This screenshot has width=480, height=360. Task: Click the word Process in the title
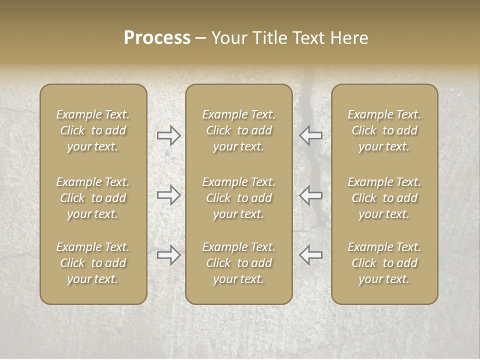pyautogui.click(x=157, y=38)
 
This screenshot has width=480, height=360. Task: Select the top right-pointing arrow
pyautogui.click(x=168, y=135)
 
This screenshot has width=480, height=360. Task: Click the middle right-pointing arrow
pyautogui.click(x=168, y=195)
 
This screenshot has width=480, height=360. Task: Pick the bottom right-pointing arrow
pyautogui.click(x=168, y=255)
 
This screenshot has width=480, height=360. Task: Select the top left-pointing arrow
pyautogui.click(x=310, y=135)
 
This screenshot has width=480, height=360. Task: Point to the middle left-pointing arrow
pyautogui.click(x=310, y=195)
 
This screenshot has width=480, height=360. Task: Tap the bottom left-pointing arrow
pyautogui.click(x=310, y=255)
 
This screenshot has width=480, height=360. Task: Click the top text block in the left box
pyautogui.click(x=93, y=130)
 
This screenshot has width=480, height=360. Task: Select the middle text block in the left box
pyautogui.click(x=93, y=198)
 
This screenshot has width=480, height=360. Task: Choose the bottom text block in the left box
pyautogui.click(x=93, y=263)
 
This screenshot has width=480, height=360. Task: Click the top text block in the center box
pyautogui.click(x=238, y=130)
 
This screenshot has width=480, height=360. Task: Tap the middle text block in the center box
pyautogui.click(x=238, y=198)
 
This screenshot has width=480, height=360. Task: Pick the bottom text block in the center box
pyautogui.click(x=238, y=263)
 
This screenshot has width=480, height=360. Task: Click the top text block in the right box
pyautogui.click(x=384, y=130)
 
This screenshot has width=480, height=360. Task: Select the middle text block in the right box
pyautogui.click(x=384, y=198)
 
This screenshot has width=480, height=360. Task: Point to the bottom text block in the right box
pyautogui.click(x=384, y=263)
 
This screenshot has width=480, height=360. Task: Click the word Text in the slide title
pyautogui.click(x=308, y=38)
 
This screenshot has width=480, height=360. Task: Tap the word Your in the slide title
pyautogui.click(x=229, y=38)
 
